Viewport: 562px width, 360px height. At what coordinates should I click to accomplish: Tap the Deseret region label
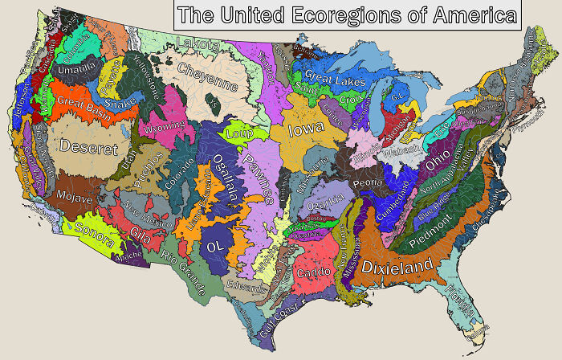pos(88,149)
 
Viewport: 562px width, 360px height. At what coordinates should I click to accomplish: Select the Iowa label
pos(307,129)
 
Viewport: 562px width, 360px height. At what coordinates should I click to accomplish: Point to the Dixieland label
pos(397,266)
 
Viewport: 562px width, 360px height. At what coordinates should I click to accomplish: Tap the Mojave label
pos(75,196)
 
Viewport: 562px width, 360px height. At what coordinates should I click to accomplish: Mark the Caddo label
pos(313,272)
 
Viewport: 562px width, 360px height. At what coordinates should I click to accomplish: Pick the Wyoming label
pos(164,129)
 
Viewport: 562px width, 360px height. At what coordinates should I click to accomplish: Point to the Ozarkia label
pos(326,198)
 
